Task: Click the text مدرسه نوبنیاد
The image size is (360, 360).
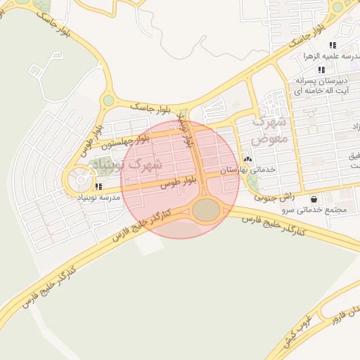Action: (100, 198)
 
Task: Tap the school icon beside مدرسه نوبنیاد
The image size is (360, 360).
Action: (99, 187)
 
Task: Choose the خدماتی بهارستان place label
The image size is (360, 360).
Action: (248, 170)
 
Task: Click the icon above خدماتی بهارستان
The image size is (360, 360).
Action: (247, 160)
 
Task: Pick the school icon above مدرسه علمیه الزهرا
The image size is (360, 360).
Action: (332, 45)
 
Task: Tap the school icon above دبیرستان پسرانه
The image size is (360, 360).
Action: (321, 70)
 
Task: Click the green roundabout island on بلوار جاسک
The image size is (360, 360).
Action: (108, 101)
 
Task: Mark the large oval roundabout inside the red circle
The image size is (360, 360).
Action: (206, 210)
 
